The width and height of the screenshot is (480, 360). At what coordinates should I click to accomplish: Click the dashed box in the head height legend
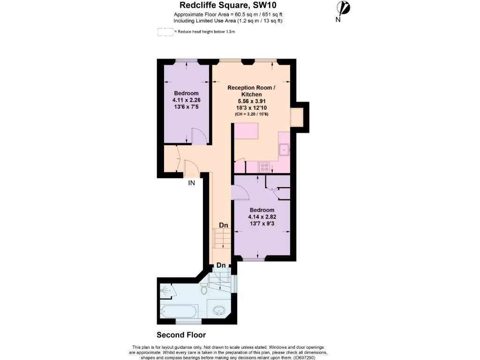165,32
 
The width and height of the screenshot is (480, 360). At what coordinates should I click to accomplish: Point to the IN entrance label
191,183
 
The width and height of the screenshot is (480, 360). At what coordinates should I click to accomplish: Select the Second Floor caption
181,335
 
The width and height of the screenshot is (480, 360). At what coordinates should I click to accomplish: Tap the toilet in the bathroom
203,289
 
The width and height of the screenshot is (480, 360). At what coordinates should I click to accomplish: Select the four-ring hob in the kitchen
264,166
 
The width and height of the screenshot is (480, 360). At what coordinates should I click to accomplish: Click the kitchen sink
284,150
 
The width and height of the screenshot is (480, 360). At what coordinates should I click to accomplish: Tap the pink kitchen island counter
246,131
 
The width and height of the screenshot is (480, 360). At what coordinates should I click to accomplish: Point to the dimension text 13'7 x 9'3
262,224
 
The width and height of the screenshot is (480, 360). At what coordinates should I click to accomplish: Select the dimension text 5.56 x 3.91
251,101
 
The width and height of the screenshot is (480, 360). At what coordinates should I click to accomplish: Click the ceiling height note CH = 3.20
251,114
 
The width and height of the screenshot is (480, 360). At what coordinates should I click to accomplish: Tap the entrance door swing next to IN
191,169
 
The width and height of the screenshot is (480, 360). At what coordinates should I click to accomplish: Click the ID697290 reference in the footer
307,357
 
